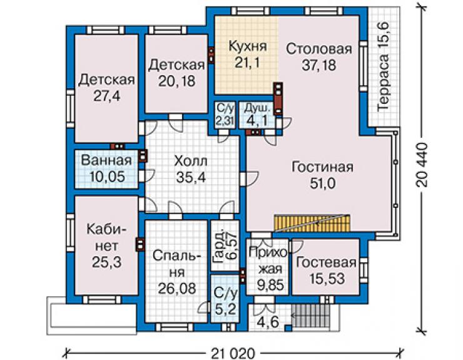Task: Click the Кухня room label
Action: tap(248, 46)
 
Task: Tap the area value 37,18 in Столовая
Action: tap(319, 64)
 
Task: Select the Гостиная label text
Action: tap(322, 167)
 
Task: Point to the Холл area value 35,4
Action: tap(191, 177)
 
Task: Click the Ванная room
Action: tap(106, 169)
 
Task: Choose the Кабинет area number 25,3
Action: tap(106, 262)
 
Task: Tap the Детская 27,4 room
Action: tap(106, 88)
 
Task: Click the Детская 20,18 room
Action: tap(176, 74)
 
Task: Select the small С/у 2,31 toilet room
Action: tap(225, 115)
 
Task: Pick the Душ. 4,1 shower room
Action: tap(257, 115)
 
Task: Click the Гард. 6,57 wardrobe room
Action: tap(225, 245)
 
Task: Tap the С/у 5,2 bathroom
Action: tap(225, 299)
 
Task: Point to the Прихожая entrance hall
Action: tap(267, 267)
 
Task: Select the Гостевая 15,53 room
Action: tap(326, 267)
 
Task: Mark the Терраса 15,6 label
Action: tap(384, 66)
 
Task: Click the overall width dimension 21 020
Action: tap(233, 353)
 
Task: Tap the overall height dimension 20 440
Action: tap(422, 165)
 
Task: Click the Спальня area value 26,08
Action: tap(176, 288)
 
